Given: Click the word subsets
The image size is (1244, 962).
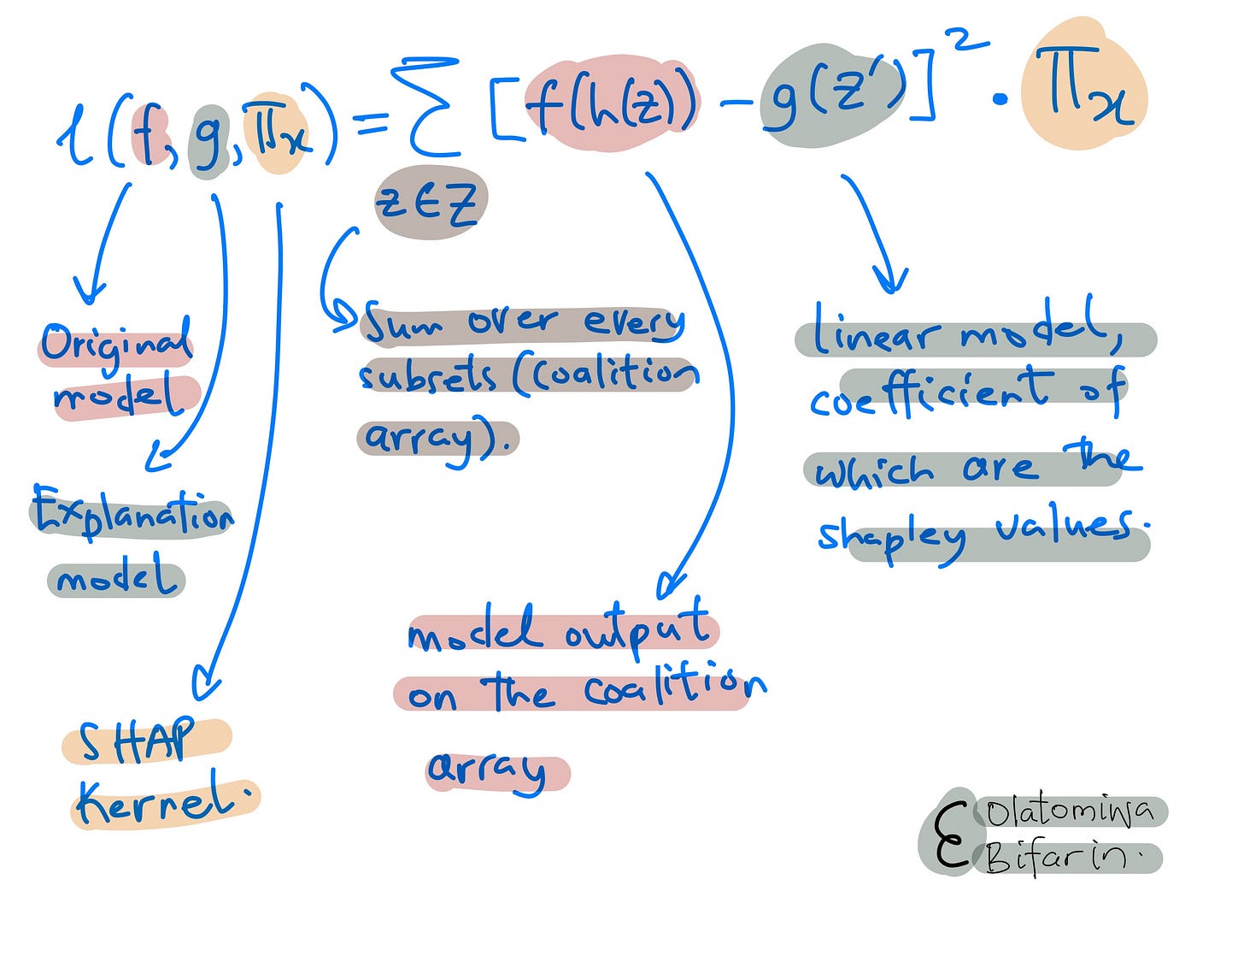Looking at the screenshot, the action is coord(428,376).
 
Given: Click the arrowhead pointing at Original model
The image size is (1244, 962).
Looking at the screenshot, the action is coord(89,293).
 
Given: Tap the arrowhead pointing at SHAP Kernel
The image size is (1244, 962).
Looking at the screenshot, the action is coord(206,684).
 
